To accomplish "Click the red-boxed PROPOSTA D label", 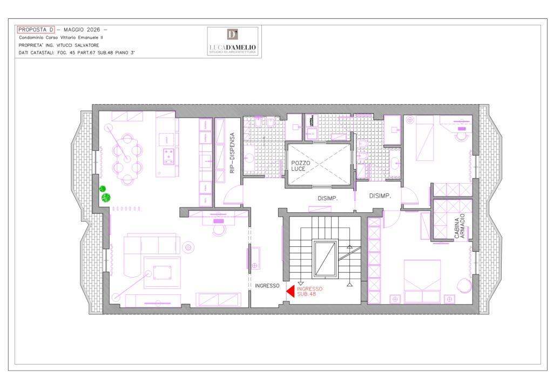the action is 36,30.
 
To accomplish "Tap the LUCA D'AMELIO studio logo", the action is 232,41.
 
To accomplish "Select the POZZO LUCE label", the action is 300,166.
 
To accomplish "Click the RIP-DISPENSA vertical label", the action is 232,153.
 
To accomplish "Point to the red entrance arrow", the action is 290,291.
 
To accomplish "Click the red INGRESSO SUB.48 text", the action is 309,291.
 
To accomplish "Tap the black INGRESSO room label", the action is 267,286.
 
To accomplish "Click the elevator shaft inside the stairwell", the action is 325,258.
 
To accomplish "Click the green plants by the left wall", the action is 105,193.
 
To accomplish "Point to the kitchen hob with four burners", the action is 168,157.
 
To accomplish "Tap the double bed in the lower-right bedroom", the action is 422,281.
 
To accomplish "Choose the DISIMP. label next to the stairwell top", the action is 328,199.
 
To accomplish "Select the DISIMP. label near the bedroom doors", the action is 380,196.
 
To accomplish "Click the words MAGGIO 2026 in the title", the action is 82,30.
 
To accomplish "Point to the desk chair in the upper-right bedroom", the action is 461,134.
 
